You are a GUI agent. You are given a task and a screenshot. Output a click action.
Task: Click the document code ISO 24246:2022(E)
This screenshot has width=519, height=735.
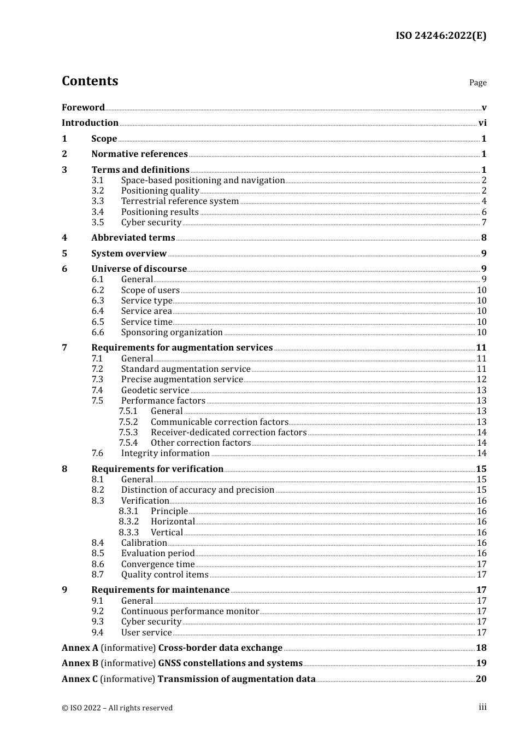[x=441, y=36]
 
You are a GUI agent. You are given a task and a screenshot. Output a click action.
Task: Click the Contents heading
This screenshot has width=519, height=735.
[x=90, y=81]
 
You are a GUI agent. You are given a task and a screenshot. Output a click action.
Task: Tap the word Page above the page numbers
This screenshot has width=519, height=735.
[x=477, y=83]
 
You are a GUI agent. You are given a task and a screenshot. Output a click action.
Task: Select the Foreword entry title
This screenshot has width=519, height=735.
[x=83, y=108]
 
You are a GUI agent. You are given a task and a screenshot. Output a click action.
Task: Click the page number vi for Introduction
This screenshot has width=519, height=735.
[x=482, y=123]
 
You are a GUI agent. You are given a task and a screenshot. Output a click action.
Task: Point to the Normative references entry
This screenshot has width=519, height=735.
[x=139, y=154]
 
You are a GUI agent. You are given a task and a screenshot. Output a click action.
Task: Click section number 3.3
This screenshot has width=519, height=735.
[x=98, y=201]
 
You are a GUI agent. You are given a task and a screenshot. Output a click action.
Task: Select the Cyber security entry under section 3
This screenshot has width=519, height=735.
[x=151, y=223]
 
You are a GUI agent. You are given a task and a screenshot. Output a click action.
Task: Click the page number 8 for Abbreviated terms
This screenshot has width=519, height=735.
[x=483, y=238]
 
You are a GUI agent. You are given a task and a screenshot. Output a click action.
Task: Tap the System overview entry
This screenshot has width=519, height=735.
[x=129, y=254]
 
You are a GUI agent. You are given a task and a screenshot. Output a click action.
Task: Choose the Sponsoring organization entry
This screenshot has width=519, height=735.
[x=172, y=332]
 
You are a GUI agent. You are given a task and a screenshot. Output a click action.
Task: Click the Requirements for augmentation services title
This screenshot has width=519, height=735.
[x=182, y=348]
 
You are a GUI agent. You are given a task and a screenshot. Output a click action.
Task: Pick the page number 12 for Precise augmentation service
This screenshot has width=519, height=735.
[x=481, y=380]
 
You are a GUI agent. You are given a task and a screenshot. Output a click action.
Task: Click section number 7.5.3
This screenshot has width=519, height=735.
[x=128, y=433]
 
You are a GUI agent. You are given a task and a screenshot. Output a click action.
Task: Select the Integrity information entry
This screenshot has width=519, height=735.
[x=165, y=453]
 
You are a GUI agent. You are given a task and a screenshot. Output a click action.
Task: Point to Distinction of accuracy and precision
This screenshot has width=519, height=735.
[x=197, y=490]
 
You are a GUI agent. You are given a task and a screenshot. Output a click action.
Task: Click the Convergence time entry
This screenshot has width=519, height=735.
[x=157, y=564]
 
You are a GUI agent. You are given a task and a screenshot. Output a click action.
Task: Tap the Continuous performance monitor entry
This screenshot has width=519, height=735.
[x=190, y=611]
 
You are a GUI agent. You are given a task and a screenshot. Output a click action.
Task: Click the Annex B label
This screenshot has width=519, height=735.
[x=80, y=663]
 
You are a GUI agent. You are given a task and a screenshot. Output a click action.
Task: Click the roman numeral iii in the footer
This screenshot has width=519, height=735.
[x=482, y=707]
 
